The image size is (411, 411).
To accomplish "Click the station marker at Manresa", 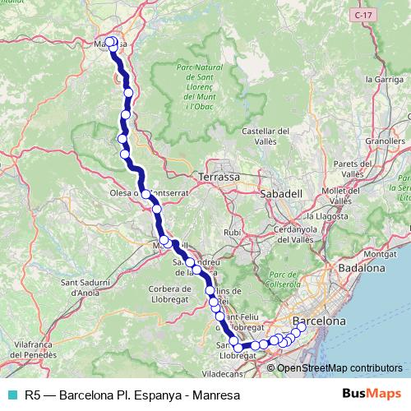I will click(x=110, y=41).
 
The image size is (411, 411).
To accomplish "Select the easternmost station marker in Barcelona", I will click(x=301, y=328).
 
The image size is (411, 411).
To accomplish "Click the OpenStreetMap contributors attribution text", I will click(x=339, y=368).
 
